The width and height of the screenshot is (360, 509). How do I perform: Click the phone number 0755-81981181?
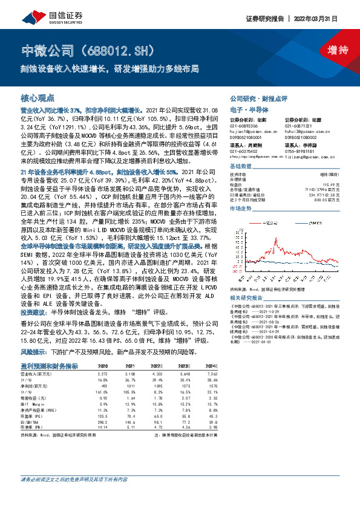tap(300, 151)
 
